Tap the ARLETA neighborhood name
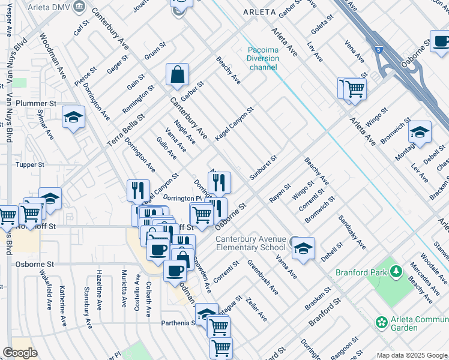[x=259, y=12]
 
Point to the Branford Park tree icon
[x=396, y=272]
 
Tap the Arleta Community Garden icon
[x=381, y=322]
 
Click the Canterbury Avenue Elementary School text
[x=250, y=243]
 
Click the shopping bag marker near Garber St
[x=178, y=76]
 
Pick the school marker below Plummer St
[x=73, y=118]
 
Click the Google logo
[x=20, y=353]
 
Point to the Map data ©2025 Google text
[x=412, y=355]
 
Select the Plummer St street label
[x=36, y=103]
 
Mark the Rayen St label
[x=280, y=193]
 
